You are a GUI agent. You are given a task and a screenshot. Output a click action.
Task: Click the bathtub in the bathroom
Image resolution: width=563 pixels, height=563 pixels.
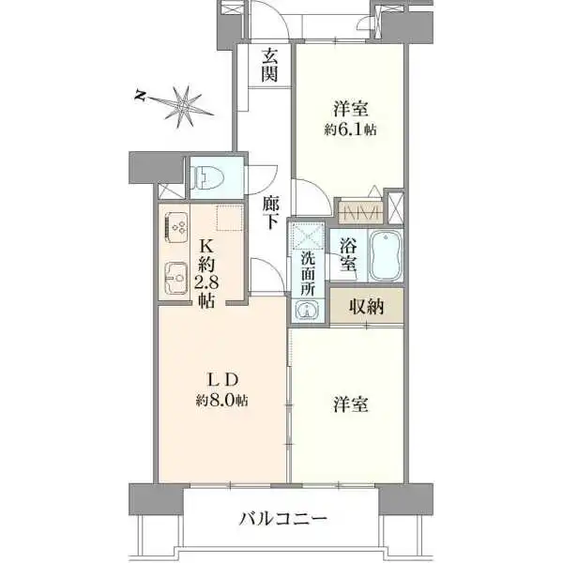(386, 256)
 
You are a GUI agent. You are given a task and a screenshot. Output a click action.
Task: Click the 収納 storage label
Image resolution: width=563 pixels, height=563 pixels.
(366, 306)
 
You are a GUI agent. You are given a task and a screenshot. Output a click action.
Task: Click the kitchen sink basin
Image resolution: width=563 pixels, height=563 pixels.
(176, 278)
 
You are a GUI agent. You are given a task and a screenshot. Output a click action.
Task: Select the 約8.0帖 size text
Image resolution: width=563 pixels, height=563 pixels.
(223, 400)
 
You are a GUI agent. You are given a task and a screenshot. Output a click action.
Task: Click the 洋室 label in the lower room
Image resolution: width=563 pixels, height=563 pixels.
(350, 404)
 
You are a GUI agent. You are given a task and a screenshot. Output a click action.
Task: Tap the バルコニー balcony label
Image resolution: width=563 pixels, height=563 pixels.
(282, 518)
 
